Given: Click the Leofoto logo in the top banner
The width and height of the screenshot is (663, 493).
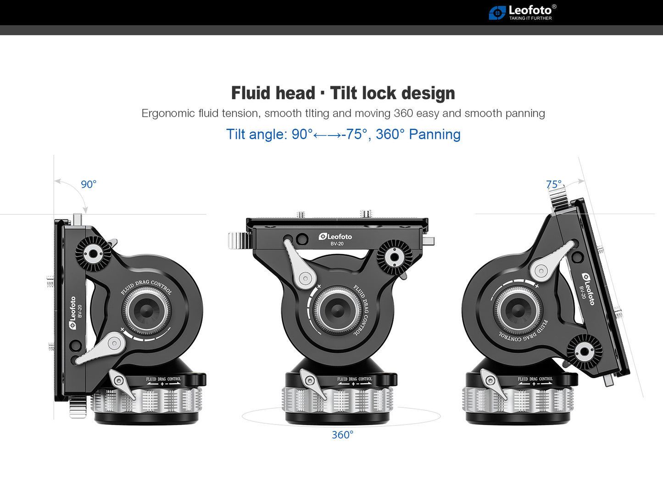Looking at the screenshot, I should tap(522, 12).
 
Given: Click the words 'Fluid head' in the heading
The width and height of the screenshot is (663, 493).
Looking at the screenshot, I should tap(273, 93).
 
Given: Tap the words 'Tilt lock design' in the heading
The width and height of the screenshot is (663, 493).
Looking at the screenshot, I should tap(392, 93).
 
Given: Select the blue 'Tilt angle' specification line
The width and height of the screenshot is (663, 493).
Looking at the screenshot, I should tap(343, 134).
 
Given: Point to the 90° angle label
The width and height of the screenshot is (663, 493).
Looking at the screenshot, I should tap(89, 184).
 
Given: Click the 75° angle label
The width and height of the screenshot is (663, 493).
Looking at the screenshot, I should tap(553, 184).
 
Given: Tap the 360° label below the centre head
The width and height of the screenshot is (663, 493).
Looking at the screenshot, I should tap(342, 435).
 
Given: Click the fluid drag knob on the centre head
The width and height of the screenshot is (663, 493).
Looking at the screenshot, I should tap(337, 310).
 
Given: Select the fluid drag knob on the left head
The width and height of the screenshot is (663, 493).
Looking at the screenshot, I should tap(147, 310).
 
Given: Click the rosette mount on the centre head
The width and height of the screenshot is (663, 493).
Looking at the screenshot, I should tap(394, 257).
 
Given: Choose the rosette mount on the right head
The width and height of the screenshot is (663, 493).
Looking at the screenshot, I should tap(584, 352).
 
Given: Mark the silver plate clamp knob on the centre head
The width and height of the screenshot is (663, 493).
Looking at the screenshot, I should tap(238, 240).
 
